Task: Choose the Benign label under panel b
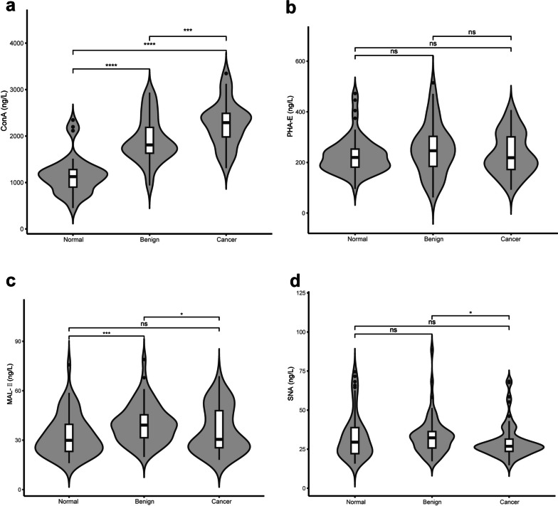(x=433, y=240)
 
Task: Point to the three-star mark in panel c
(x=106, y=331)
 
